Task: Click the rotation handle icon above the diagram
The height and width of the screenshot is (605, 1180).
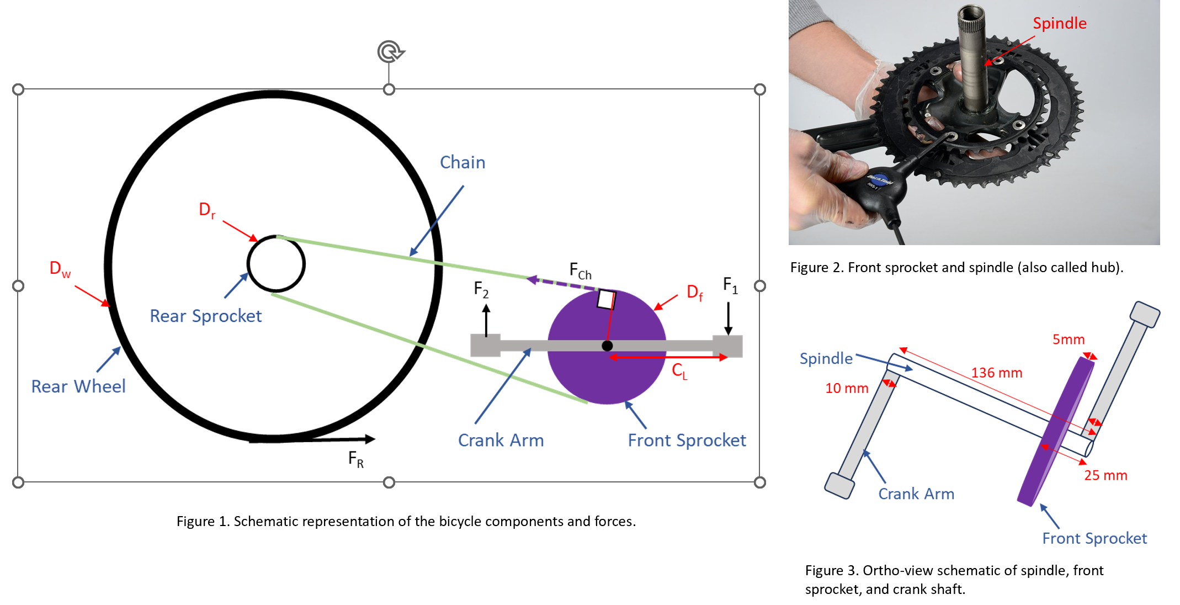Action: pyautogui.click(x=390, y=52)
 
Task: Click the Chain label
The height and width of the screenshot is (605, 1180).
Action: pyautogui.click(x=463, y=162)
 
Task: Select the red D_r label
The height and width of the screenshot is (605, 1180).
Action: pyautogui.click(x=207, y=210)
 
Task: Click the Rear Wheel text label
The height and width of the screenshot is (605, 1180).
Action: pyautogui.click(x=78, y=386)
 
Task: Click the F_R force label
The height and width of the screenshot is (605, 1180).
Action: pyautogui.click(x=355, y=459)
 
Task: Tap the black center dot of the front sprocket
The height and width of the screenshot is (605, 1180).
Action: pyautogui.click(x=607, y=346)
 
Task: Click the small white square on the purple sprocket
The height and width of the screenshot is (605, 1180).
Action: pyautogui.click(x=606, y=300)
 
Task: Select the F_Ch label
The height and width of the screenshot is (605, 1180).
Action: pyautogui.click(x=580, y=271)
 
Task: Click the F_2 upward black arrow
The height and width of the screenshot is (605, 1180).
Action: pyautogui.click(x=486, y=320)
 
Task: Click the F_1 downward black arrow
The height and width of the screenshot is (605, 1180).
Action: pyautogui.click(x=728, y=319)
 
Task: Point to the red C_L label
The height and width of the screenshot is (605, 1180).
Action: pyautogui.click(x=679, y=371)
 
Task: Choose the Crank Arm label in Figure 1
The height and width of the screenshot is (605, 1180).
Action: pyautogui.click(x=501, y=441)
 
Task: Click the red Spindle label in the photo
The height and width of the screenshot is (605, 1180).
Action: pyautogui.click(x=1059, y=23)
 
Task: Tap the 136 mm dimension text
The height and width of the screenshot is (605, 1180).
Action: pyautogui.click(x=996, y=373)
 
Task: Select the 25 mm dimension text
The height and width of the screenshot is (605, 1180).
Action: pyautogui.click(x=1105, y=475)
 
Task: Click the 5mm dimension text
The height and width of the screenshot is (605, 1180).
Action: pyautogui.click(x=1068, y=339)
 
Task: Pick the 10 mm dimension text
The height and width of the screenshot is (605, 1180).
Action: pyautogui.click(x=846, y=389)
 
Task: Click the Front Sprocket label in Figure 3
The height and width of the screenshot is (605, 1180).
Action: pyautogui.click(x=1094, y=538)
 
